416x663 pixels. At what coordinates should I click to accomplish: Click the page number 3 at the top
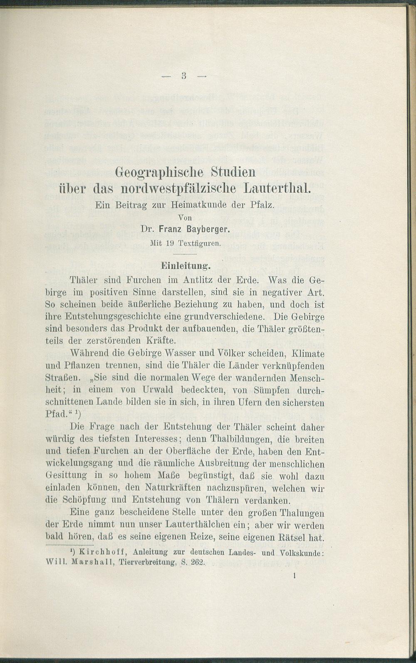pyautogui.click(x=183, y=76)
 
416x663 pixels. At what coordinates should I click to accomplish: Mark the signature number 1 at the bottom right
pyautogui.click(x=294, y=576)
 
